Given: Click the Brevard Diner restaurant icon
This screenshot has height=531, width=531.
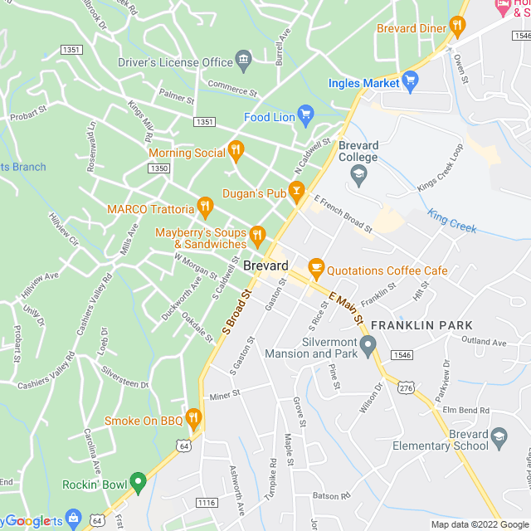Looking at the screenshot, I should (455, 27).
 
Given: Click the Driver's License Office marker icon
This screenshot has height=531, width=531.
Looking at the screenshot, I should (243, 58).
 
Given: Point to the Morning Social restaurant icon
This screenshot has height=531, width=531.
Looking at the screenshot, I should (236, 150).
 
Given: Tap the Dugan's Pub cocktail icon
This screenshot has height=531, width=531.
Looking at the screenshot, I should (296, 190).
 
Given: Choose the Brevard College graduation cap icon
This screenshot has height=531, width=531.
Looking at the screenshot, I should (358, 173).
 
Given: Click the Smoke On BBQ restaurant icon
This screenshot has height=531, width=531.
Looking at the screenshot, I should (193, 417).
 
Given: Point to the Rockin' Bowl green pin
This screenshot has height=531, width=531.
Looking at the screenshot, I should (138, 481).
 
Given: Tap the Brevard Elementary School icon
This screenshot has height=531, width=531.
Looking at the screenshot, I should (499, 436).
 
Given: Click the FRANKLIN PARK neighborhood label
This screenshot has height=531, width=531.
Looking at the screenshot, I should (421, 325).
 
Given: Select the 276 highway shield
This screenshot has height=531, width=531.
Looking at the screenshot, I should (406, 388).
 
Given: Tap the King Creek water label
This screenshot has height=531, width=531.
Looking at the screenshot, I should (451, 220).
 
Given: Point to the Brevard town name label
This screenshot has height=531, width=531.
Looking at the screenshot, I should (266, 266).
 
